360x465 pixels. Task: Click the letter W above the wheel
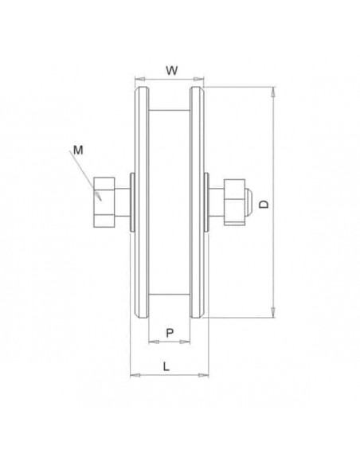tap(171, 70)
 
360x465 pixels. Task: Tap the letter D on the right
tap(264, 204)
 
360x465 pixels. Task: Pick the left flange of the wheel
tap(141, 203)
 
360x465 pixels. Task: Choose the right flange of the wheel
tap(197, 203)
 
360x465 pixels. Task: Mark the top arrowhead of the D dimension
tap(274, 92)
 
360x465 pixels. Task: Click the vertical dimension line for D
tap(274, 239)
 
